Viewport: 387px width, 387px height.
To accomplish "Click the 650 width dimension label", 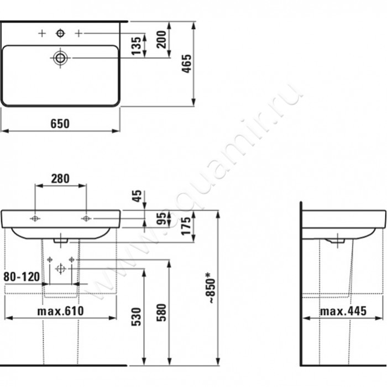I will (60, 124).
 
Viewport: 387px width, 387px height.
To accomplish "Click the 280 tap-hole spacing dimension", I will (60, 178).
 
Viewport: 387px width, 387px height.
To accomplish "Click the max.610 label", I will (60, 311).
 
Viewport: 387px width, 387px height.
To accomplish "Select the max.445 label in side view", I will (343, 311).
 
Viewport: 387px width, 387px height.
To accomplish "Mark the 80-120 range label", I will (22, 275).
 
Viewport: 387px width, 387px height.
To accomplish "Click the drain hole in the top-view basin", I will (60, 57).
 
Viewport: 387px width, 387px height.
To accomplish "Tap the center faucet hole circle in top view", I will (60, 34).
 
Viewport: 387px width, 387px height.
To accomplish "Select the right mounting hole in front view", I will (86, 218).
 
